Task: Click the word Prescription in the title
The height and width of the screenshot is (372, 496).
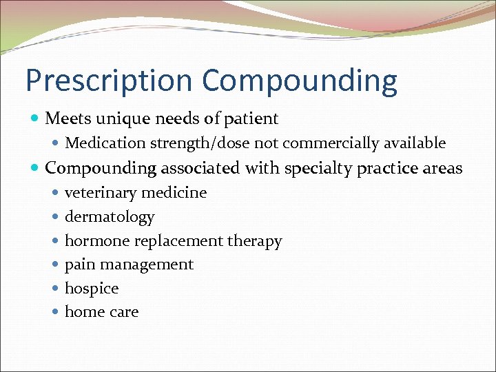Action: [x=110, y=81]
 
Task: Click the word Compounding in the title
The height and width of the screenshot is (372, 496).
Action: [x=300, y=81]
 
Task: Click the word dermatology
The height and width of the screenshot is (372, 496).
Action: [x=110, y=217]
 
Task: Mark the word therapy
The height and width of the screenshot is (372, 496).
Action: [x=256, y=241]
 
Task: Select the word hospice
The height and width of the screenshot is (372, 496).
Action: [x=92, y=288]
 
